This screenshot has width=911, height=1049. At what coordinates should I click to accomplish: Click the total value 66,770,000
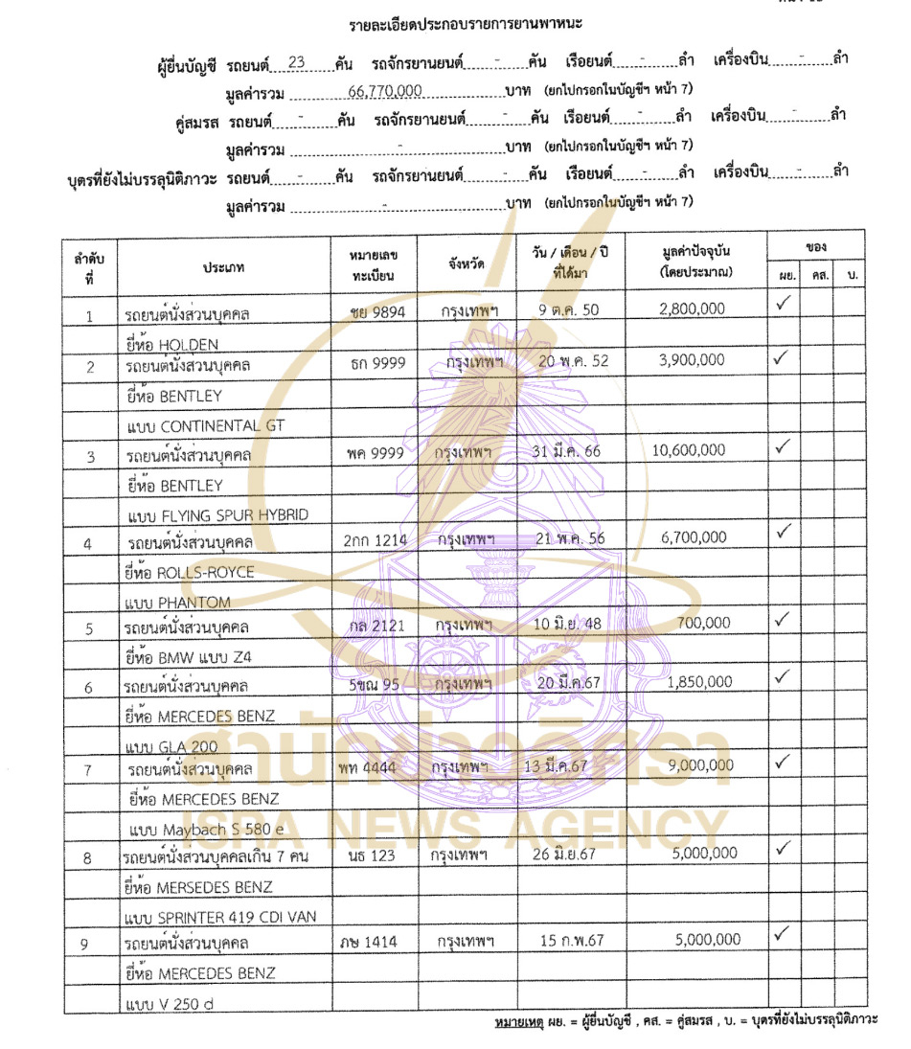pyautogui.click(x=383, y=91)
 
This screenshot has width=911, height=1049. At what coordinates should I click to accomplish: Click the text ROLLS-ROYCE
pyautogui.click(x=206, y=572)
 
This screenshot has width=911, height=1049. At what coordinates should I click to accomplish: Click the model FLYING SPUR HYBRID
pyautogui.click(x=234, y=515)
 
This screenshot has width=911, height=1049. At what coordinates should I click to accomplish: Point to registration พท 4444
pyautogui.click(x=367, y=767)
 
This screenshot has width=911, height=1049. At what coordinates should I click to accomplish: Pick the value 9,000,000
pyautogui.click(x=696, y=765)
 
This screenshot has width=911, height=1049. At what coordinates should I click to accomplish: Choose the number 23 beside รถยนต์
pyautogui.click(x=296, y=62)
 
